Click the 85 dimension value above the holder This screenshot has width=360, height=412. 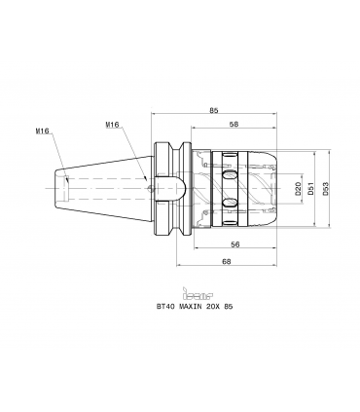[213, 110]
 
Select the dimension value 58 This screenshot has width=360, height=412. [234, 124]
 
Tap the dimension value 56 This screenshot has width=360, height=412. [234, 244]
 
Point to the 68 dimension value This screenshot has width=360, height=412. [227, 261]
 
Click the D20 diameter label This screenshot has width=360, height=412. [299, 188]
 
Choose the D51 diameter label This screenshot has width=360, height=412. [310, 188]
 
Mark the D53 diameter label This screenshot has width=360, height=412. [326, 188]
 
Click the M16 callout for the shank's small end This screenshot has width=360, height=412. [42, 131]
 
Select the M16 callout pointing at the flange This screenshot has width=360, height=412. [112, 124]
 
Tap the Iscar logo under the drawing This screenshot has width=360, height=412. [198, 293]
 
